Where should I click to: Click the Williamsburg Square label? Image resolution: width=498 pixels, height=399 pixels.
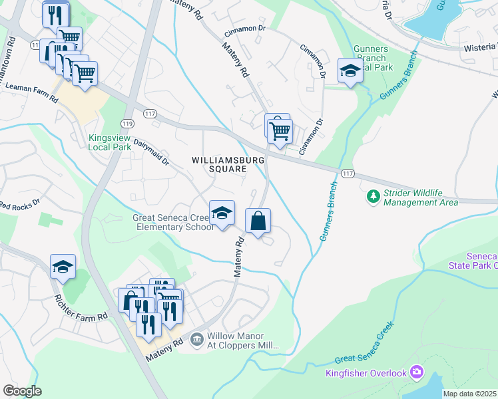coord(219,164)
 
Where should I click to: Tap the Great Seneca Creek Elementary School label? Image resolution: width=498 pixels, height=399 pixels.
coord(173,222)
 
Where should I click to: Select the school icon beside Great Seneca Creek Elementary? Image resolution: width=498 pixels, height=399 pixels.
coord(222,213)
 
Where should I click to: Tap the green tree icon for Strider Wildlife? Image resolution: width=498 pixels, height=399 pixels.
coord(373,197)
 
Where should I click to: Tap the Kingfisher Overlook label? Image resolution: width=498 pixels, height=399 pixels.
coord(366,373)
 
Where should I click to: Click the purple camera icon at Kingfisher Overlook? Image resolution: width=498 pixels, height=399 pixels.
coord(417,370)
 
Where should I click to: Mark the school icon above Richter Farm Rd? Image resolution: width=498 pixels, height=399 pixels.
coord(63,267)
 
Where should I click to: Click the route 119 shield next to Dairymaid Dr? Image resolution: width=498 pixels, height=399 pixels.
coord(127,124)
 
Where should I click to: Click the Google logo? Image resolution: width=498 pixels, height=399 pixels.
coord(21,391)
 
